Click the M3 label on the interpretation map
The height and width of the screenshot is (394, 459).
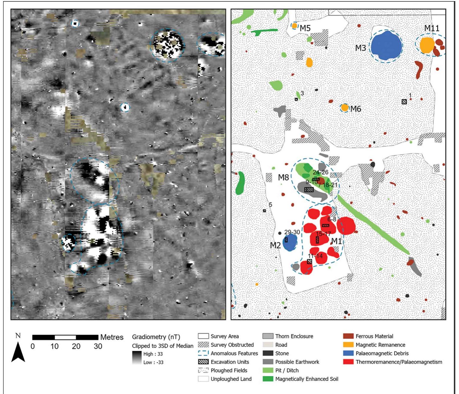[x=360, y=48]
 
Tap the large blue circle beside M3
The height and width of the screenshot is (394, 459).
[x=386, y=46]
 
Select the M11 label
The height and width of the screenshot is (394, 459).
[x=431, y=28]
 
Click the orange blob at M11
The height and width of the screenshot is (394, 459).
[x=426, y=45]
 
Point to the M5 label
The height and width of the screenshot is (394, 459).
[x=305, y=28]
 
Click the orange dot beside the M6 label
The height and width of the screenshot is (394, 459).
[x=345, y=108]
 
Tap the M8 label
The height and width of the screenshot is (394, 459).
[x=283, y=178]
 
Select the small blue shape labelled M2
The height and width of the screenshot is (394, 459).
[x=289, y=243]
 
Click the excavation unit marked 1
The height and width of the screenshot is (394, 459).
[x=404, y=102]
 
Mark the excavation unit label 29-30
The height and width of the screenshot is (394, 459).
[x=292, y=232]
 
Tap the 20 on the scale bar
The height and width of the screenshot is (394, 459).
[x=76, y=346]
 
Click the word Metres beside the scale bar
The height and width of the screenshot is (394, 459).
[x=112, y=337]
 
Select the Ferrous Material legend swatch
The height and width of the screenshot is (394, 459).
[x=348, y=336]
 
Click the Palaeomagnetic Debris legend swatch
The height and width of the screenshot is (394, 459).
[x=348, y=353]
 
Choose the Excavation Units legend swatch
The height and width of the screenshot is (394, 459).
[x=203, y=362]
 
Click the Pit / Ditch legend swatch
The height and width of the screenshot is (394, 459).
[x=267, y=371]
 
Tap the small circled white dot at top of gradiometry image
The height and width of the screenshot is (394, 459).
[x=75, y=23]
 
